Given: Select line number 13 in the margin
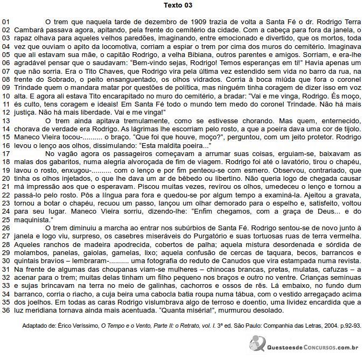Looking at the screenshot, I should [x=6, y=121].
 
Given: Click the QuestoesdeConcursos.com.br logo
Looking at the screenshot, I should [x=304, y=344].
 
